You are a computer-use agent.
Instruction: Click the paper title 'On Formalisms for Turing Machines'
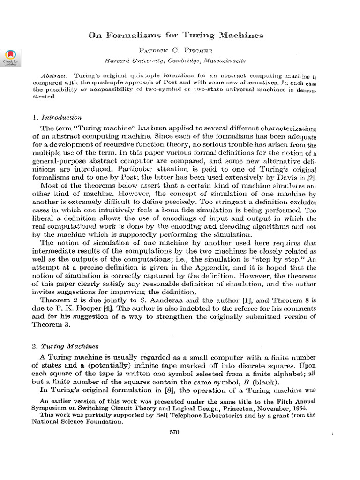click(x=176, y=35)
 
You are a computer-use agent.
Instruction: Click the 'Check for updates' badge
click(x=10, y=57)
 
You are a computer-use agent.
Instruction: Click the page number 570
click(x=175, y=432)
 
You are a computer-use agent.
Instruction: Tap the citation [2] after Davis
click(x=311, y=178)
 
